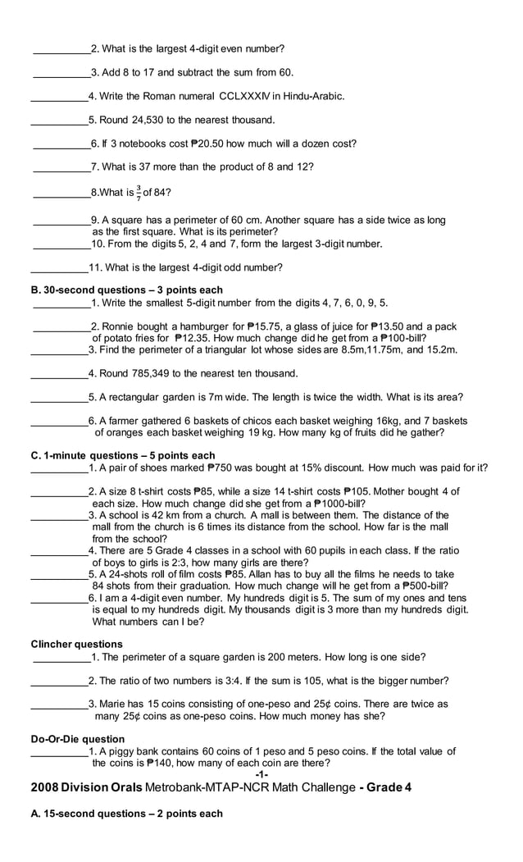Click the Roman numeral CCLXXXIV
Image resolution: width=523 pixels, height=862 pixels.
249,97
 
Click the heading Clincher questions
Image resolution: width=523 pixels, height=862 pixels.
76,644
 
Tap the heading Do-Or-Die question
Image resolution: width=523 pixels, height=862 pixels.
78,739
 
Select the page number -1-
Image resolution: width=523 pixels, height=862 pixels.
261,775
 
